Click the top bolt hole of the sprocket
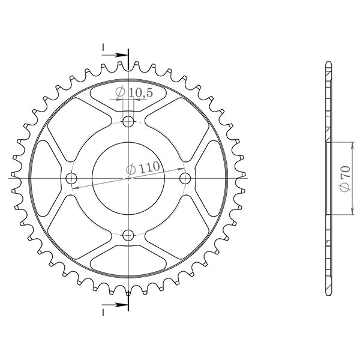[128, 122]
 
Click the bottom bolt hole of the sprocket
[128, 235]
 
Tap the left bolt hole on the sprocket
[73, 178]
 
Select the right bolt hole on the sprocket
[185, 178]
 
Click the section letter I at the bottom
[103, 312]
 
